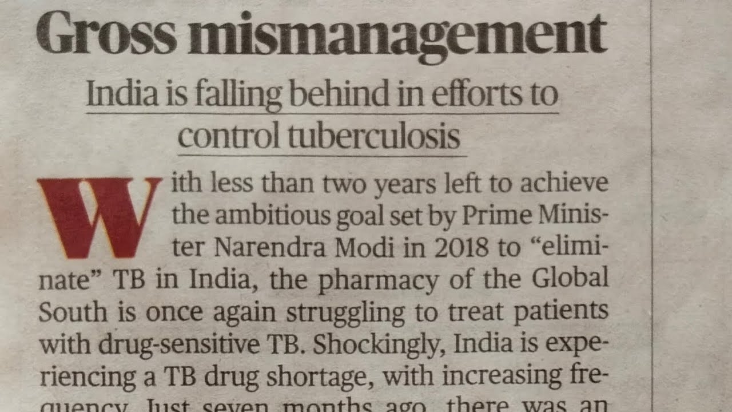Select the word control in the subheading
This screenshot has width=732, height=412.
pyautogui.click(x=228, y=136)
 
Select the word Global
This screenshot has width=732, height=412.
pyautogui.click(x=570, y=279)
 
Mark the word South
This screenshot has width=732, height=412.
pyautogui.click(x=73, y=312)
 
